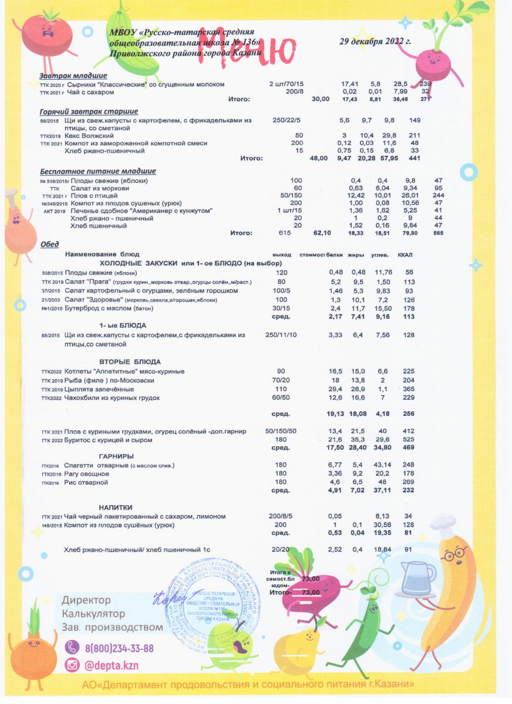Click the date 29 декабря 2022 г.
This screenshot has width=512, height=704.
(x=375, y=42)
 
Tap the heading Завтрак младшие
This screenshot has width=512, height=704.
(x=73, y=76)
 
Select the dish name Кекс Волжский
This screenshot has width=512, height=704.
(x=93, y=136)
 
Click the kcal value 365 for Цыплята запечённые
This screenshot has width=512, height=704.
(x=409, y=389)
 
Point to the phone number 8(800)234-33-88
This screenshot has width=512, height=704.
(x=119, y=648)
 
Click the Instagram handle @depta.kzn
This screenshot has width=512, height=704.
(x=112, y=665)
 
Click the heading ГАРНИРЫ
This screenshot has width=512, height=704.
(x=116, y=456)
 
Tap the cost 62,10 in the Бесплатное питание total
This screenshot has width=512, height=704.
(x=322, y=233)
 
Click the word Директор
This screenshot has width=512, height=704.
(x=86, y=600)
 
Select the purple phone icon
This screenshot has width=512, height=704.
(x=72, y=648)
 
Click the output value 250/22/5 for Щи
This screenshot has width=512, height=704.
(x=287, y=120)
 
